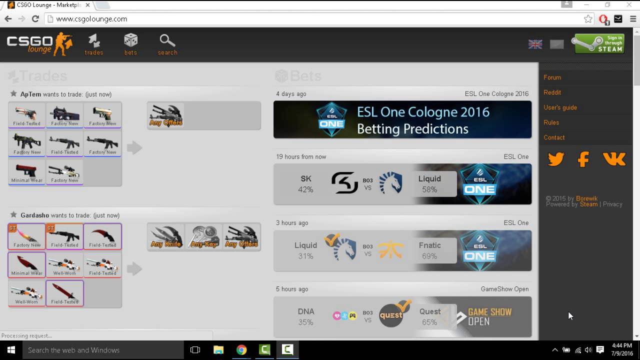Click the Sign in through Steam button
coord(598,44)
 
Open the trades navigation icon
coord(94,44)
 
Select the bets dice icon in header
coord(130,44)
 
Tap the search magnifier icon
coord(167,44)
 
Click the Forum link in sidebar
coord(552,77)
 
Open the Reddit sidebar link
coord(552,92)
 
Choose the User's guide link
coord(560,107)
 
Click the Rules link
coord(551,122)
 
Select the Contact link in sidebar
coord(554,137)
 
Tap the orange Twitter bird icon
coord(556,159)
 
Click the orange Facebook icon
coord(583,159)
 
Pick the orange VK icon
coord(614,159)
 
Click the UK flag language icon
coord(535,44)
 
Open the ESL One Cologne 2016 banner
coord(402,119)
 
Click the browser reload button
coord(35,19)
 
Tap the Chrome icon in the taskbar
coord(241,350)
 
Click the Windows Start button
coord(10,350)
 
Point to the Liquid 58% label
coord(429,184)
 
